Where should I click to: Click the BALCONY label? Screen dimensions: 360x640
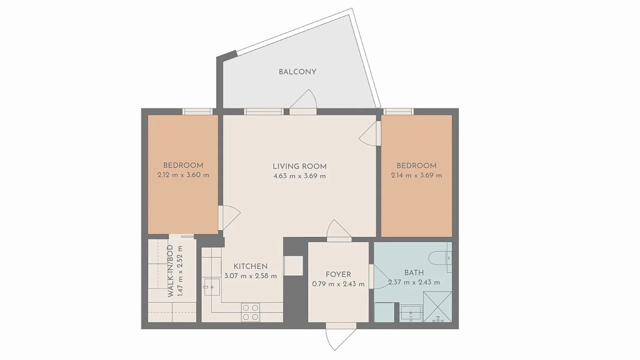[x=297, y=72]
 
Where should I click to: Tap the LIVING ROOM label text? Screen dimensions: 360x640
[x=299, y=166]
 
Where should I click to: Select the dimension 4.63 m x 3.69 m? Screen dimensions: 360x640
[x=299, y=176]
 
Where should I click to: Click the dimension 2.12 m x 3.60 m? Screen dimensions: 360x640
[x=183, y=175]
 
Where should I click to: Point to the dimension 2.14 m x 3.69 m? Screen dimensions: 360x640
[x=416, y=175]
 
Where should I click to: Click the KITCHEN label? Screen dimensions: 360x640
[x=251, y=266]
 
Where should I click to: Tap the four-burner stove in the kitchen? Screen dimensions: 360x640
[x=250, y=312]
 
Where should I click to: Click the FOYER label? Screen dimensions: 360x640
[x=338, y=275]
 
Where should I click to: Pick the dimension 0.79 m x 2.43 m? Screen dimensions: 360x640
[x=338, y=284]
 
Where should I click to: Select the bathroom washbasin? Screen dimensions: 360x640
[x=410, y=314]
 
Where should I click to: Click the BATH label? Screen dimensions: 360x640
[x=414, y=273]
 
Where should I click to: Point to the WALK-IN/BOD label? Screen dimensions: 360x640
[x=171, y=271]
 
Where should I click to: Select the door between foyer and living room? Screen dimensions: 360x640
[x=339, y=230]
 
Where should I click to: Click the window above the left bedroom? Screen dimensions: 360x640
[x=197, y=112]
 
